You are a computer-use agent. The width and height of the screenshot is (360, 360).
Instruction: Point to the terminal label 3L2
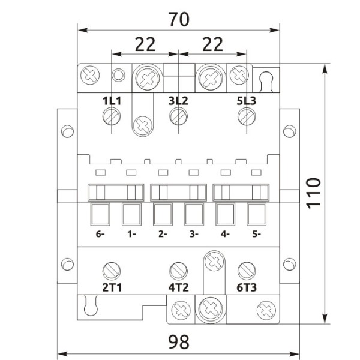(178, 101)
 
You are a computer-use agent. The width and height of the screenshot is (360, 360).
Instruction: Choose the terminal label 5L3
(245, 101)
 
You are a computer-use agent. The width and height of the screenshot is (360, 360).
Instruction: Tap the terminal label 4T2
(178, 287)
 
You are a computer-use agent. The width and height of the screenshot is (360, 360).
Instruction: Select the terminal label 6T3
(246, 287)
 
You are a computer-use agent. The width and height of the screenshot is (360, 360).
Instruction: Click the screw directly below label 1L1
(111, 117)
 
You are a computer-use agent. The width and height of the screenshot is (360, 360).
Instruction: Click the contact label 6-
(100, 234)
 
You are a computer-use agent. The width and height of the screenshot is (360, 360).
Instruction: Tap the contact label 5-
(256, 234)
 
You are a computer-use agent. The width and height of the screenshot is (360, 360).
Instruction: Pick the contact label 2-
(162, 234)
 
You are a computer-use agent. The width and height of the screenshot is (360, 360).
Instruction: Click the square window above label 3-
(193, 214)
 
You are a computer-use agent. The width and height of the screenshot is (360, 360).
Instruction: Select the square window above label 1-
(131, 214)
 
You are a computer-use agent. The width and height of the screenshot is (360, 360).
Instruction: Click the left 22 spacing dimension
(145, 44)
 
